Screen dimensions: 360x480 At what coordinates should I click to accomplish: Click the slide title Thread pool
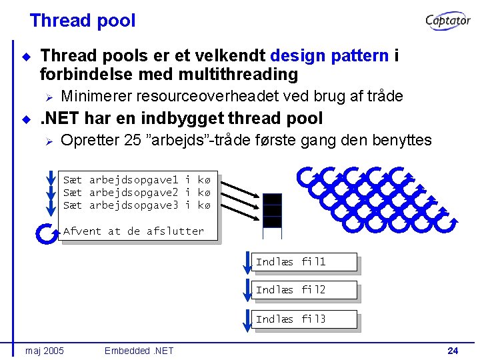click(x=82, y=21)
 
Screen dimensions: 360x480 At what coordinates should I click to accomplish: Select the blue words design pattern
click(x=329, y=55)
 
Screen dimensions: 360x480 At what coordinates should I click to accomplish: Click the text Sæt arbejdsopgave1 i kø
click(x=136, y=179)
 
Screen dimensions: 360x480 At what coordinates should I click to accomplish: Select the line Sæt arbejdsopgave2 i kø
click(x=136, y=192)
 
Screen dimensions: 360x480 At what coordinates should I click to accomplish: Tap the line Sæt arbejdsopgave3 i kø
click(x=136, y=205)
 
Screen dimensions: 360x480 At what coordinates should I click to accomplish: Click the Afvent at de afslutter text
click(x=133, y=231)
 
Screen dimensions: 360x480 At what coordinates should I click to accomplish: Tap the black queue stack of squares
click(x=272, y=210)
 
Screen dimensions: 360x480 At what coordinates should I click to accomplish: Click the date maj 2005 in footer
click(x=44, y=351)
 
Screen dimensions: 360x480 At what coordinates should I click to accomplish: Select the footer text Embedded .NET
click(x=139, y=351)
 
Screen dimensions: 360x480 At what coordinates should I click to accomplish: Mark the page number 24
click(x=453, y=351)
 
